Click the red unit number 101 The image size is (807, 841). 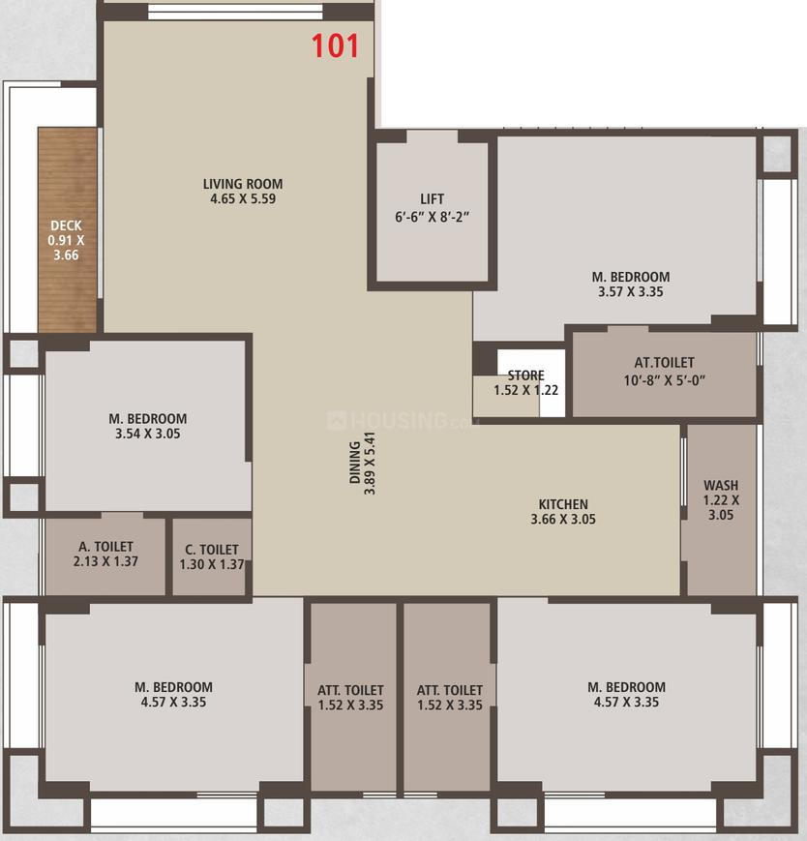(336, 45)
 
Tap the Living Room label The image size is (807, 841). (243, 184)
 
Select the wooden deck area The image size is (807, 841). (67, 232)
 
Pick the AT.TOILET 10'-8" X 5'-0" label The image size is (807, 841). (664, 372)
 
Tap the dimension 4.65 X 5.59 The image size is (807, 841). (243, 199)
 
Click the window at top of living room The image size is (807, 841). (235, 13)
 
